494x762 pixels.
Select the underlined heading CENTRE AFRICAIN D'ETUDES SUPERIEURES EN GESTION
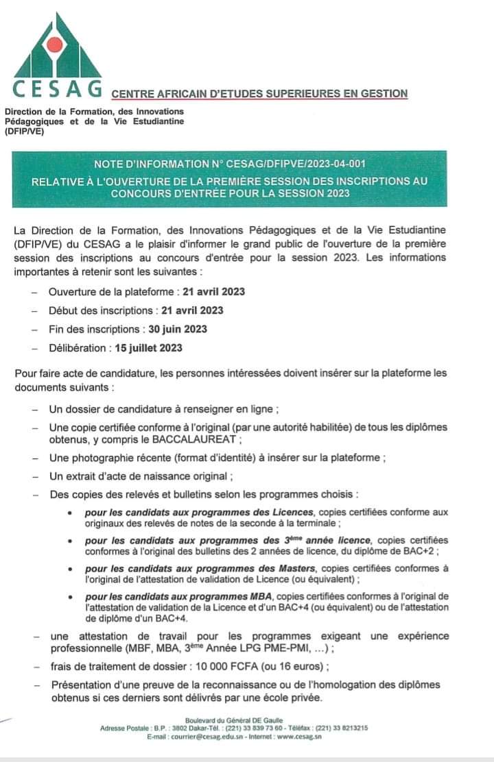pyautogui.click(x=259, y=94)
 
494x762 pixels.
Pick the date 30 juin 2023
pyautogui.click(x=178, y=329)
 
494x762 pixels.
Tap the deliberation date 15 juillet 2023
pyautogui.click(x=149, y=347)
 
